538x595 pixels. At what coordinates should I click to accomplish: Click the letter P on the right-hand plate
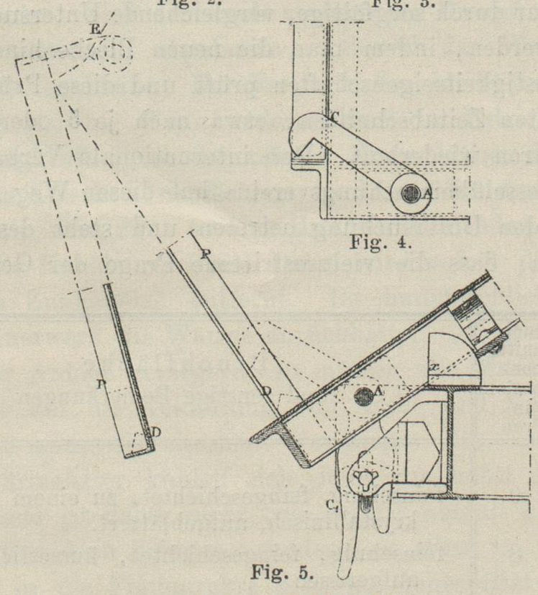206,254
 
